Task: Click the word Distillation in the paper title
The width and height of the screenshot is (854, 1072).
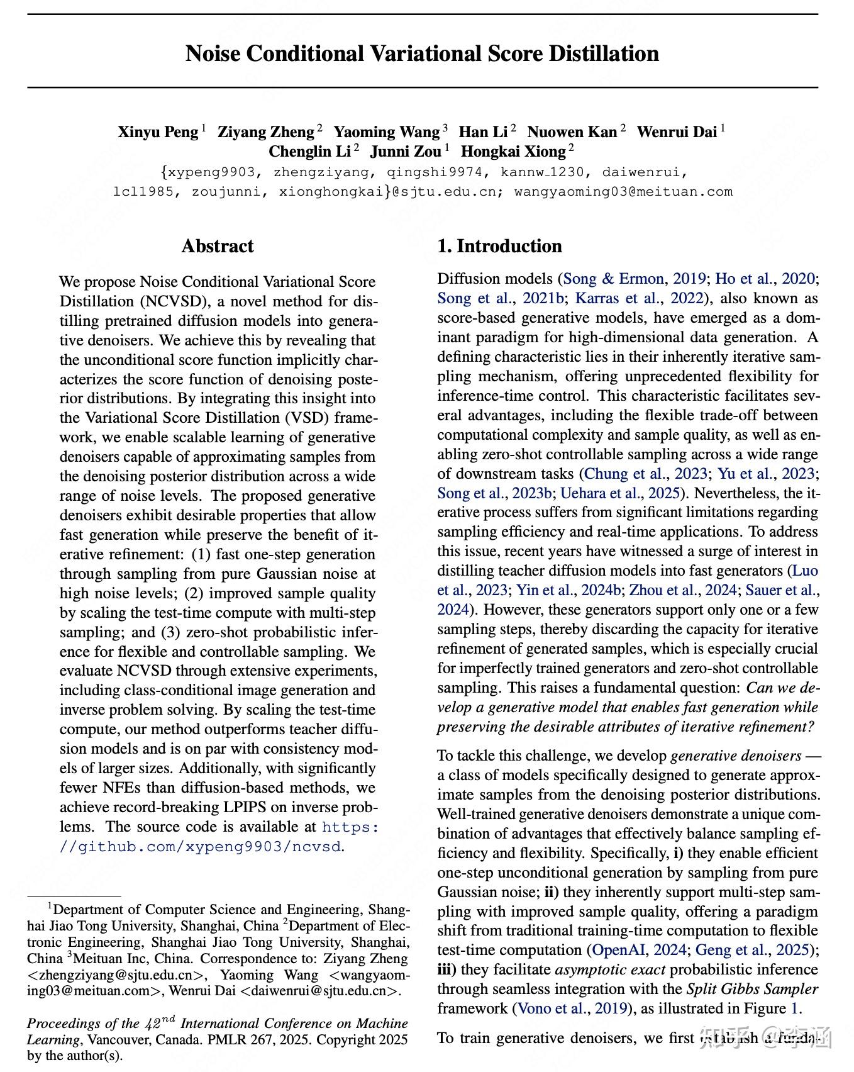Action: (x=604, y=53)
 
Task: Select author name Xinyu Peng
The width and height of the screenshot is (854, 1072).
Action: (x=158, y=132)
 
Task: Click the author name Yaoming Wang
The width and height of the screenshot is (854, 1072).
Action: (x=386, y=132)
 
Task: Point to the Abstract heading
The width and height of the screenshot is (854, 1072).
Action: (x=218, y=246)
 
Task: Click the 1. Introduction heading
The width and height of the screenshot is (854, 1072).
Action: (x=499, y=246)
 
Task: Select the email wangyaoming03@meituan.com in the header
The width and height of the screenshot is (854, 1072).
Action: (x=623, y=192)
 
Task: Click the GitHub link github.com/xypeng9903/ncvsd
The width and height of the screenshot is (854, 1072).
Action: (x=201, y=847)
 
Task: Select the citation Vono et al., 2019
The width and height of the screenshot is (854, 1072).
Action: (x=572, y=1008)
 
